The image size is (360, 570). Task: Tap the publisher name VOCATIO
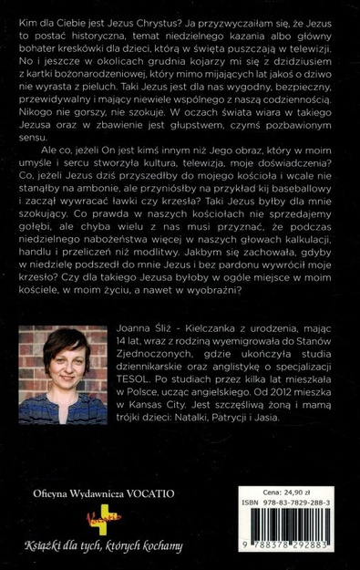151,494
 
